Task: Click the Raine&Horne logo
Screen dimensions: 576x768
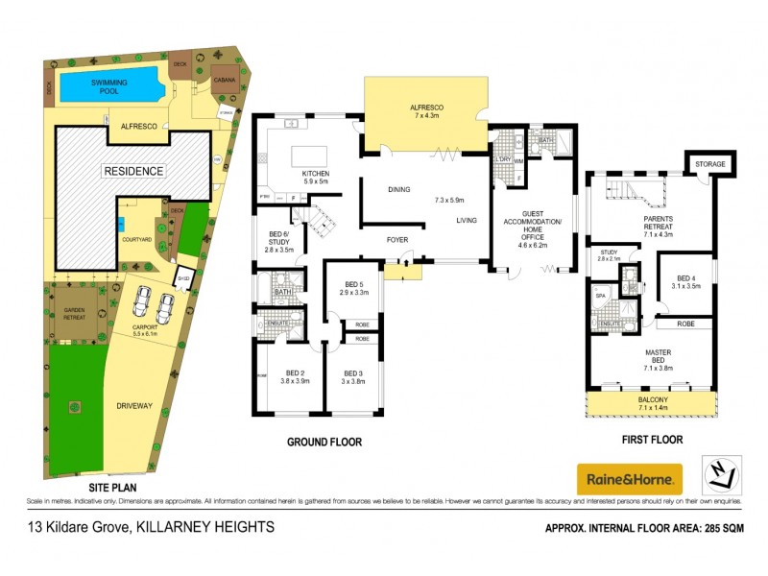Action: (629, 477)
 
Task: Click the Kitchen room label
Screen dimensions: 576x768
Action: (316, 174)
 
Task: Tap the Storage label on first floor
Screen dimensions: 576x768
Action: (710, 164)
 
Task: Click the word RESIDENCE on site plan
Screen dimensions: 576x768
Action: (134, 171)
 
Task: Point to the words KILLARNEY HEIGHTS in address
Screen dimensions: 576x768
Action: (206, 526)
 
